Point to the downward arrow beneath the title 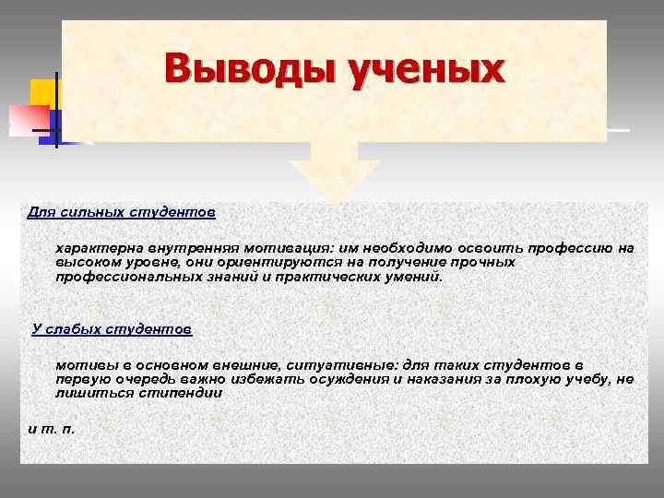click(334, 175)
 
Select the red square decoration click(28, 119)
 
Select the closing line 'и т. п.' click(52, 429)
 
